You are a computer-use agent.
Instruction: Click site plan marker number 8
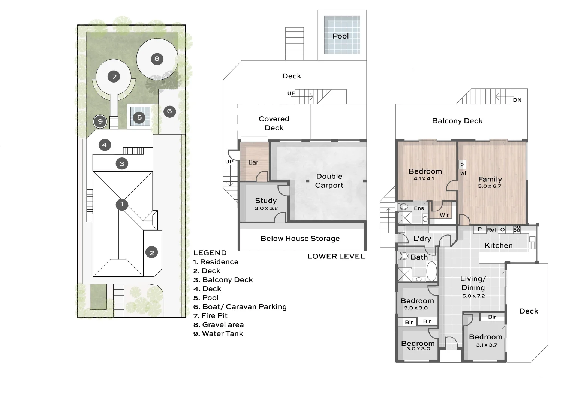pyautogui.click(x=157, y=59)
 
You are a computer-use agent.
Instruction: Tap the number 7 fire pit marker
pyautogui.click(x=114, y=76)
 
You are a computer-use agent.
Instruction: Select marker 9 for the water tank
pyautogui.click(x=100, y=121)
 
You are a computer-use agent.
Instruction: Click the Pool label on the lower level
pyautogui.click(x=340, y=36)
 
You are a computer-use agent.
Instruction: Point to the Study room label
pyautogui.click(x=266, y=201)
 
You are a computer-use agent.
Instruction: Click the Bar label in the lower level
pyautogui.click(x=253, y=162)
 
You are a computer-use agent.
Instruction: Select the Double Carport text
pyautogui.click(x=329, y=181)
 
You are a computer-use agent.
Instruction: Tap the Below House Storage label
pyautogui.click(x=300, y=238)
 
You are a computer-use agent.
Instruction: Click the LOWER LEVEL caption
pyautogui.click(x=336, y=256)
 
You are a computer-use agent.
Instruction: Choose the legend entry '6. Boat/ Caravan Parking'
pyautogui.click(x=240, y=307)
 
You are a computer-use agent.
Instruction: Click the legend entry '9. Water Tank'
pyautogui.click(x=218, y=333)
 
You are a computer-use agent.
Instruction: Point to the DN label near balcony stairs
pyautogui.click(x=517, y=100)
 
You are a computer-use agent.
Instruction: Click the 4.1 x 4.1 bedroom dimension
pyautogui.click(x=424, y=178)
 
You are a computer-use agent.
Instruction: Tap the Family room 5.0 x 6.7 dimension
pyautogui.click(x=490, y=186)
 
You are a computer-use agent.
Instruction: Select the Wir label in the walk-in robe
pyautogui.click(x=444, y=215)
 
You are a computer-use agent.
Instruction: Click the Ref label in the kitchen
pyautogui.click(x=491, y=230)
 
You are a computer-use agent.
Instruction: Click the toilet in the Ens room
pyautogui.click(x=403, y=206)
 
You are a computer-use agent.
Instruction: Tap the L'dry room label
pyautogui.click(x=422, y=238)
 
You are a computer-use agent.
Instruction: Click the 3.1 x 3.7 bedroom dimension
pyautogui.click(x=487, y=345)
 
